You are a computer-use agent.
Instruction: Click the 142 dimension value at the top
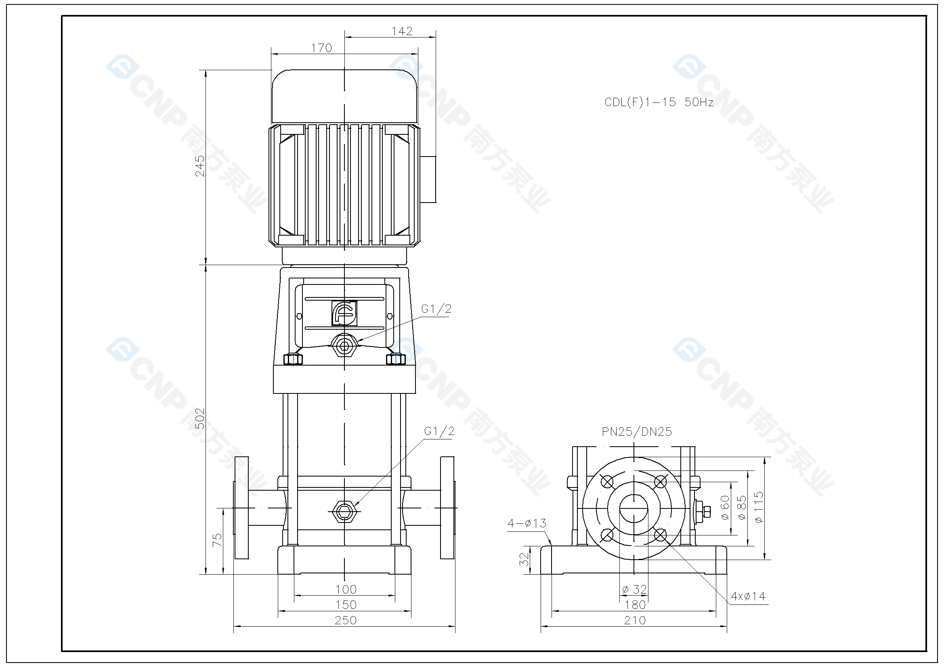tap(402, 31)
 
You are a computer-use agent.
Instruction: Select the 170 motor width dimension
tap(321, 48)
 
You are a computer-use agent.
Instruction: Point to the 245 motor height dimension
tap(199, 165)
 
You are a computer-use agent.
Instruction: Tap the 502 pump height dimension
tap(199, 418)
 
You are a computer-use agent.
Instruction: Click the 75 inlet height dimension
tap(217, 539)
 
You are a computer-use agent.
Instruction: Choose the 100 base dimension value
tap(346, 590)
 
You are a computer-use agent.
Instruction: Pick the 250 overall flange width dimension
tap(345, 620)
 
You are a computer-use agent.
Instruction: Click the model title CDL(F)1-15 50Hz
tap(659, 102)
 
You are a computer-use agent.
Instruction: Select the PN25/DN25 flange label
tap(636, 431)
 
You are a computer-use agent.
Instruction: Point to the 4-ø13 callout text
tap(527, 523)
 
